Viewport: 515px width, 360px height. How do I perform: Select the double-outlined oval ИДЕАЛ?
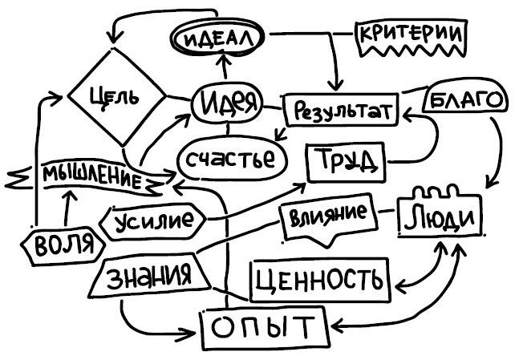218,38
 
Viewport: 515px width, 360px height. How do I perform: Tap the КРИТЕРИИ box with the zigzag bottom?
411,38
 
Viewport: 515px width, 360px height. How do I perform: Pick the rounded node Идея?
227,102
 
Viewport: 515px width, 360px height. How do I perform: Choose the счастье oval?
233,160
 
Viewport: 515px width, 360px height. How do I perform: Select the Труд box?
346,162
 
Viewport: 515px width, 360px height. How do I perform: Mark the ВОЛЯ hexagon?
63,245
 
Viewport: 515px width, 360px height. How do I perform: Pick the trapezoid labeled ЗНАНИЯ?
150,276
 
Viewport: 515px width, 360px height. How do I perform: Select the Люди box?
440,213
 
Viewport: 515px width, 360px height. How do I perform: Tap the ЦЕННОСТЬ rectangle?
320,280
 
